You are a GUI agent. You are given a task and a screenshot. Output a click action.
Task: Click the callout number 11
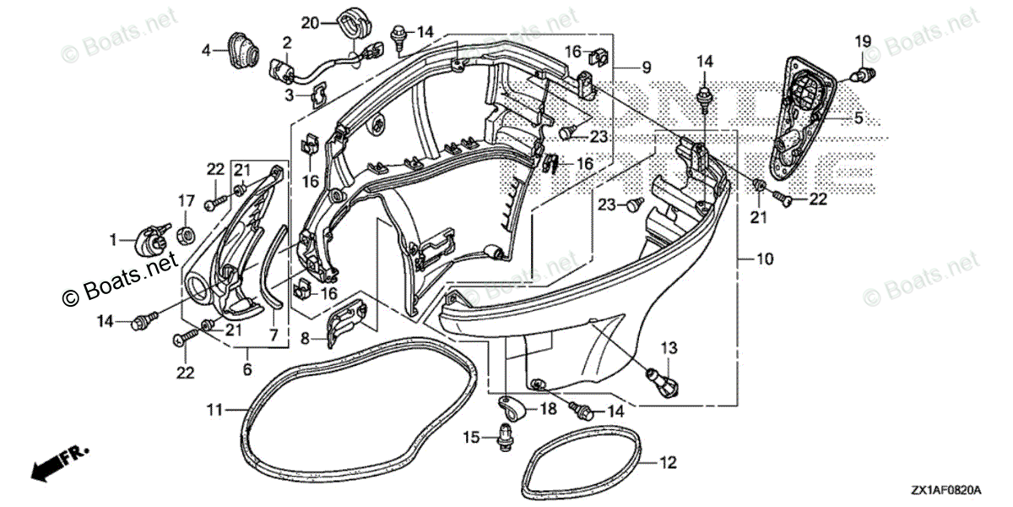tap(215, 410)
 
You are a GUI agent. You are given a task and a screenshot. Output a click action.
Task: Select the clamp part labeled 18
tap(513, 410)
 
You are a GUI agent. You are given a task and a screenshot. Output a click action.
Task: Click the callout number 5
tap(859, 119)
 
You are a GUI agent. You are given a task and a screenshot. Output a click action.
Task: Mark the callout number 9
tap(646, 67)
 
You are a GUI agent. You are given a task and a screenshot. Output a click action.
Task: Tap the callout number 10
tap(764, 261)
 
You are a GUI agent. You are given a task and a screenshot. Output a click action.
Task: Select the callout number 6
tap(247, 370)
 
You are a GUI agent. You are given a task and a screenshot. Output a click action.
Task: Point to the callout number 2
tap(287, 41)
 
